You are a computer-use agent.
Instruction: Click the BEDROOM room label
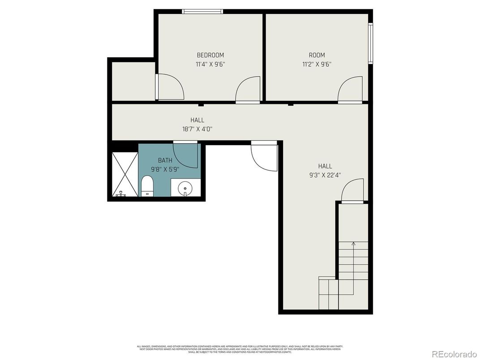pos(210,55)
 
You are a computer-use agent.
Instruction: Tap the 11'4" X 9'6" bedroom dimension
pos(210,64)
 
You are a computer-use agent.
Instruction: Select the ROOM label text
pos(317,55)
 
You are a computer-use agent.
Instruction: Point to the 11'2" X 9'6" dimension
pos(317,64)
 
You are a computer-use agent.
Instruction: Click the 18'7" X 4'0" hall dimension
pos(197,129)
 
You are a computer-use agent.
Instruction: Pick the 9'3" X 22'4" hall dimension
pos(325,175)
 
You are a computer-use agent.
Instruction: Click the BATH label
pos(165,160)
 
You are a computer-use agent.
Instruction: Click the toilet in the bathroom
pos(147,186)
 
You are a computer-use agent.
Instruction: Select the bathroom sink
pos(184,189)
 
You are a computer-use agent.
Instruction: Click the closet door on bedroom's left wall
pos(170,87)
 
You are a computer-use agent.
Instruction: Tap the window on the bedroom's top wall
pos(202,12)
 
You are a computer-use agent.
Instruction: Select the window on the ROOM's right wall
pos(370,43)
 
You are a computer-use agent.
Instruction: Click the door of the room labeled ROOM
pos(350,90)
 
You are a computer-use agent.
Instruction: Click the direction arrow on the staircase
pos(353,244)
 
